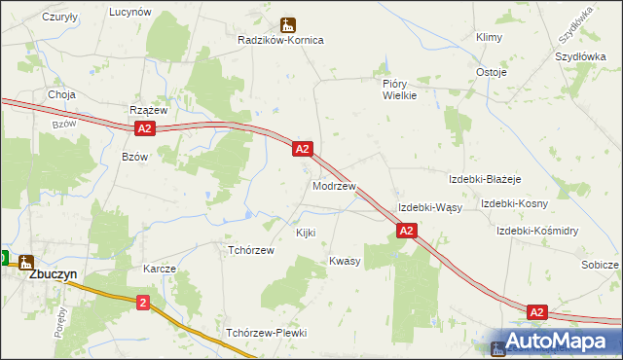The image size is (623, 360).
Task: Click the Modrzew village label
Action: [334, 185]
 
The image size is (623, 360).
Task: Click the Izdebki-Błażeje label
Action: [485, 180]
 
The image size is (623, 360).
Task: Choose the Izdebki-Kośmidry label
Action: [537, 231]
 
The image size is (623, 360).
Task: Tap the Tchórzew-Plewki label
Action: [266, 333]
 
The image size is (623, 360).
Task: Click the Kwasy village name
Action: [345, 261]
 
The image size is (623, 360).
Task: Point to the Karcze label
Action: [159, 268]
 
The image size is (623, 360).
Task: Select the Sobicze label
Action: [600, 265]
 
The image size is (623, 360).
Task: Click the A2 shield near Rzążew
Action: [143, 128]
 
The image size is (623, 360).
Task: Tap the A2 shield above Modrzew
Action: [302, 149]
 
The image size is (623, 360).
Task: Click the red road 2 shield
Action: [144, 303]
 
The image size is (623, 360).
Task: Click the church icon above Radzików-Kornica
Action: [287, 24]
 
